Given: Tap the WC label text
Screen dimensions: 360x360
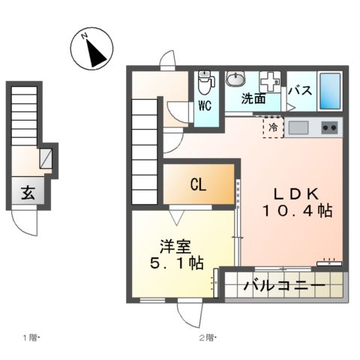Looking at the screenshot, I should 205,106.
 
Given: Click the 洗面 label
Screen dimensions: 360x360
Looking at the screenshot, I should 253,98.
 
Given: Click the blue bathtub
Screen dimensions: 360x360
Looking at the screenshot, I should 329,91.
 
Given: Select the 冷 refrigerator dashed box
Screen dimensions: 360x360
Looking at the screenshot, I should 273,127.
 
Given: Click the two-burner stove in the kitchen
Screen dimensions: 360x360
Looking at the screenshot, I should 328,127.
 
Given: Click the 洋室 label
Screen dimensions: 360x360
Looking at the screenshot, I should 172,244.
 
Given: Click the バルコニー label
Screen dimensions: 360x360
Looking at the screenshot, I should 283,286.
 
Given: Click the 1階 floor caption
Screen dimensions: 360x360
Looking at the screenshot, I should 30,337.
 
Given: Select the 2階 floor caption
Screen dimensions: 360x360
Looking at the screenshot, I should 207,337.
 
